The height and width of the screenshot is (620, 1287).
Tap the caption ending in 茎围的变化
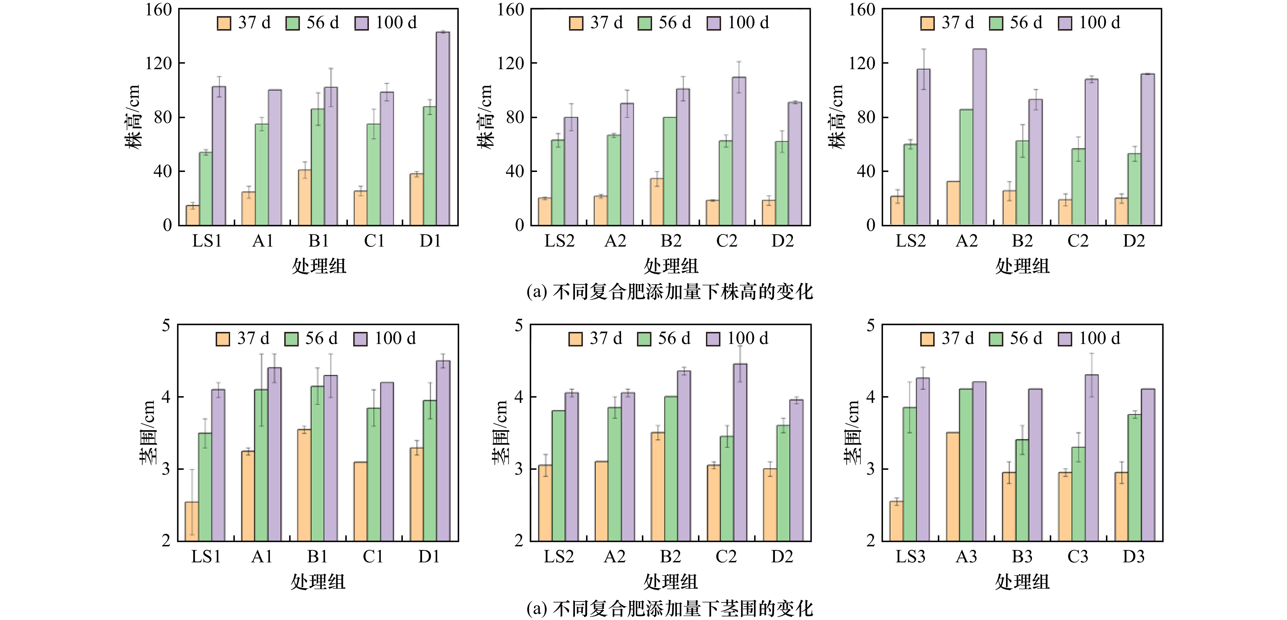click(x=669, y=608)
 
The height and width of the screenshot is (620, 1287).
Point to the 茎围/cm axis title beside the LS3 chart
click(x=852, y=432)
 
